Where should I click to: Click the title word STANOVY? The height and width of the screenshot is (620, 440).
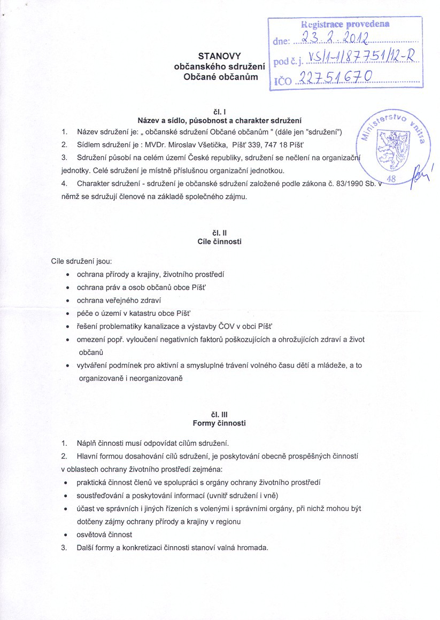click(x=219, y=56)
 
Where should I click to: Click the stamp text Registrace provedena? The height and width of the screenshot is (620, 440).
click(x=345, y=24)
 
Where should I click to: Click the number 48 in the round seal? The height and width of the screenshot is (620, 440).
click(x=390, y=180)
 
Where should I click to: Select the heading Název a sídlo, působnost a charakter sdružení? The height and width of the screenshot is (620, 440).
click(x=220, y=120)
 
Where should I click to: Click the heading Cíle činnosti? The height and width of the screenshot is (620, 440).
click(x=220, y=242)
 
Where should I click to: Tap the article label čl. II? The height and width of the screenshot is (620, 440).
click(x=220, y=233)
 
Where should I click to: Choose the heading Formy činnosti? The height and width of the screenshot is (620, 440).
click(x=220, y=423)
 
